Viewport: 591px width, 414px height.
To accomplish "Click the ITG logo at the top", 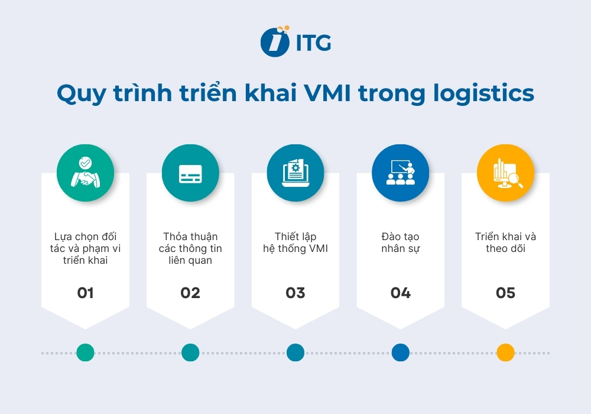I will [295, 41].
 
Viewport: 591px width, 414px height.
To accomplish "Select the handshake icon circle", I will [85, 173].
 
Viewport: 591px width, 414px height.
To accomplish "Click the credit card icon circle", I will [190, 173].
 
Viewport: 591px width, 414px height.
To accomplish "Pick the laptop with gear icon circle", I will [295, 173].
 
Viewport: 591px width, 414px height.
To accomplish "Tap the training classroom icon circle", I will [400, 173].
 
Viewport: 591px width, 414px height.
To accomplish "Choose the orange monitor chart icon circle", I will [505, 173].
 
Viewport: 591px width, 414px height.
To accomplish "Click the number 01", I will [85, 293].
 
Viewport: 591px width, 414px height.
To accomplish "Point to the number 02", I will [190, 293].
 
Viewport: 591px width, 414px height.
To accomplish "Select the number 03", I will [295, 293].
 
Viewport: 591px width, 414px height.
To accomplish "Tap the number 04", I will [400, 293].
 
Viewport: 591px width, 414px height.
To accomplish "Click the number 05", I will [505, 293].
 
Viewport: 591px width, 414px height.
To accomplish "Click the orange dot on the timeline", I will [505, 352].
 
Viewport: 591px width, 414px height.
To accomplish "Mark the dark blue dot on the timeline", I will [400, 352].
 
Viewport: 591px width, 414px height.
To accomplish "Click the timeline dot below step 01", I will [85, 352].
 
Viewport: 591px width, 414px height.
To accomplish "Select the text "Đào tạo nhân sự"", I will [400, 242].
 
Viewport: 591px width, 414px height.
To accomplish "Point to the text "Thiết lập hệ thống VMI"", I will [295, 242].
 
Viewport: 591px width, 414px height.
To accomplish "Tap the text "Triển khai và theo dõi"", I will [505, 242].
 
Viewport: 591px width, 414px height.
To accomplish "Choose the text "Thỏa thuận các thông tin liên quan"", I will [190, 248].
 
